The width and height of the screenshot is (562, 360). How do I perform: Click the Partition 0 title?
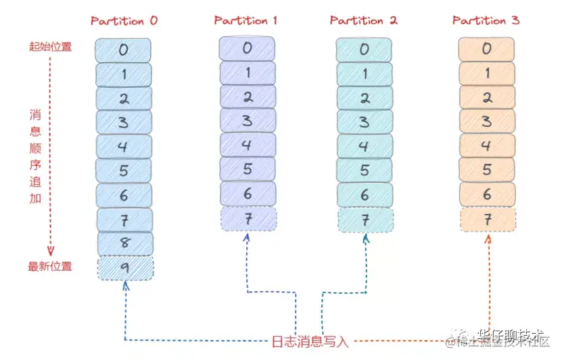coord(124,20)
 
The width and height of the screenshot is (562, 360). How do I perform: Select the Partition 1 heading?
coord(245,20)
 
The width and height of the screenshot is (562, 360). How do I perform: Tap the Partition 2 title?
coord(363,20)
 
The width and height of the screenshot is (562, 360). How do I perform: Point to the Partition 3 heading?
coord(486,20)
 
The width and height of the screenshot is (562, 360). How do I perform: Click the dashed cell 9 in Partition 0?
coord(125,268)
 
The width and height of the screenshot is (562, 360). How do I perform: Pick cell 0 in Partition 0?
coord(123,50)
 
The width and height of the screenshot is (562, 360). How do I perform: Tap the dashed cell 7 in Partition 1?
coord(248,218)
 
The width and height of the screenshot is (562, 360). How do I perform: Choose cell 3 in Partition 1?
coord(248,121)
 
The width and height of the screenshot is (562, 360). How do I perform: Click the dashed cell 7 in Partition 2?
coord(365,220)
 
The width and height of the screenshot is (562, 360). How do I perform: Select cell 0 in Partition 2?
coord(365,50)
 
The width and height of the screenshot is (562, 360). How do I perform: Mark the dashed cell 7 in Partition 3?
coord(488,220)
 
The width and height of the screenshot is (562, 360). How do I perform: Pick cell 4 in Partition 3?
coord(487,145)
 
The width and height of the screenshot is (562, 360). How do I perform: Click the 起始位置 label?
coord(50,47)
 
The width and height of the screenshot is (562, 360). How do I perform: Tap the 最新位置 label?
coord(50,266)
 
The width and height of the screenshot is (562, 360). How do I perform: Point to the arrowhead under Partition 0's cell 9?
coord(125,286)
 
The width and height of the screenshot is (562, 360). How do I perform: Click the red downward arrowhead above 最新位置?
coord(50,251)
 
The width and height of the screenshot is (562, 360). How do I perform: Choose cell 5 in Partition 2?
coord(365,170)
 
